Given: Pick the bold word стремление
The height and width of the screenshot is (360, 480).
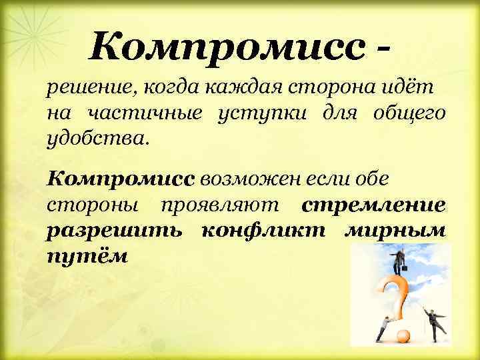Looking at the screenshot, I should point(373,205).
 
